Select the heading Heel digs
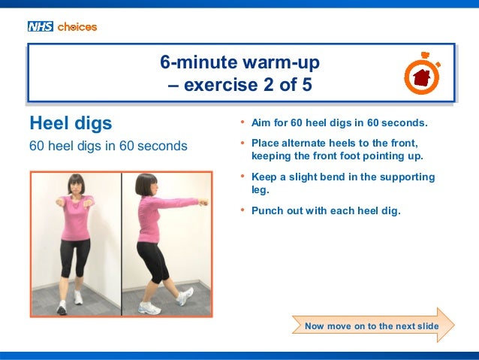point(70,122)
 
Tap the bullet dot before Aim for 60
point(243,122)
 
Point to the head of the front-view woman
point(74,185)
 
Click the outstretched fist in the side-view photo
point(202,201)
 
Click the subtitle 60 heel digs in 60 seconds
point(107,145)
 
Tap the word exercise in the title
point(224,86)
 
